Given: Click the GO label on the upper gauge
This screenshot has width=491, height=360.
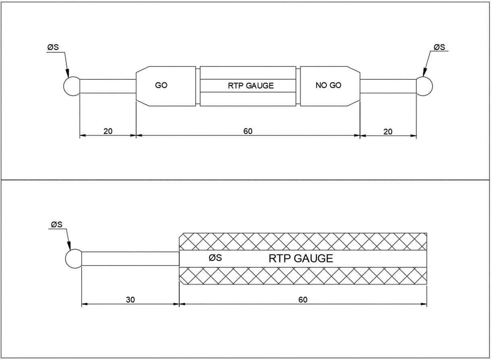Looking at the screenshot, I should click(161, 86).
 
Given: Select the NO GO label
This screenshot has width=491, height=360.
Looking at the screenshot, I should click(329, 86).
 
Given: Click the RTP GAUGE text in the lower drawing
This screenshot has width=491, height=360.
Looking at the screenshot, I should click(301, 259).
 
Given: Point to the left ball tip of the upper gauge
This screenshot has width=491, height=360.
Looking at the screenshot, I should click(72, 86).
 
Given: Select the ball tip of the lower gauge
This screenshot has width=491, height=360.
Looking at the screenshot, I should click(74, 259).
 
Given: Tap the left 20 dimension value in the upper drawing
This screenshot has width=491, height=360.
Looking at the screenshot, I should click(107, 131).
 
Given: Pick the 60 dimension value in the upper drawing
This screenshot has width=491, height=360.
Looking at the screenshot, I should click(248, 131).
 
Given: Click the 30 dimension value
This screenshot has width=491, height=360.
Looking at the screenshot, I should click(130, 300).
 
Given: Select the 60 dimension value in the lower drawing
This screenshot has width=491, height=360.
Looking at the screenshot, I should click(303, 300).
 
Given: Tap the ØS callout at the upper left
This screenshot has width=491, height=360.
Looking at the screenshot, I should click(53, 48).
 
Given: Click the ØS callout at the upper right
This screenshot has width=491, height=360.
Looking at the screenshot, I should click(439, 47).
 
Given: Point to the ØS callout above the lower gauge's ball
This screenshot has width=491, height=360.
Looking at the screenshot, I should click(56, 224).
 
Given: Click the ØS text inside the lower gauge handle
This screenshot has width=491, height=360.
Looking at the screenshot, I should click(215, 258).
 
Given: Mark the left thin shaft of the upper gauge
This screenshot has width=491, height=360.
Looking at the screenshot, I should click(108, 86).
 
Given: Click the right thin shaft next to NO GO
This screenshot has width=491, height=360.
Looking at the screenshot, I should click(388, 86).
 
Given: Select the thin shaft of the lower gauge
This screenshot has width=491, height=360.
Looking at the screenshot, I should click(130, 259).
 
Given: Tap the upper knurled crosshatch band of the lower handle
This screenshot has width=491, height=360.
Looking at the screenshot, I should click(302, 242).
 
